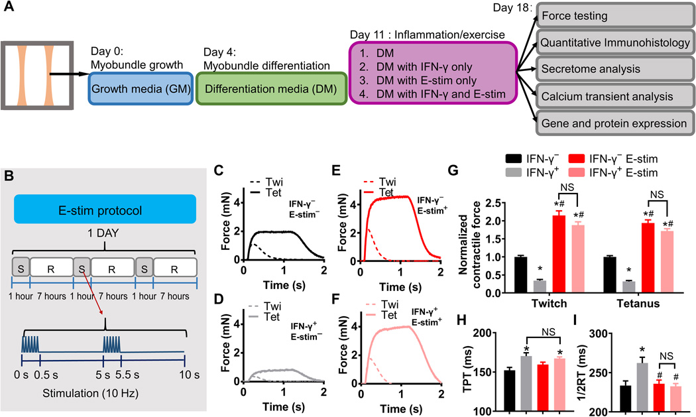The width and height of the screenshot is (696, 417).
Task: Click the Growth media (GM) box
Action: click(141, 89)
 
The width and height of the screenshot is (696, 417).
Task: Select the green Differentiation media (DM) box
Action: click(271, 89)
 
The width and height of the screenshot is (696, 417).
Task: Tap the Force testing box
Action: click(614, 16)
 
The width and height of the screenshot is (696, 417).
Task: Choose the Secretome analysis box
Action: click(614, 69)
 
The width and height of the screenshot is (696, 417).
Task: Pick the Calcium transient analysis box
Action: click(614, 96)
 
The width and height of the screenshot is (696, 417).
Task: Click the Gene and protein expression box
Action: click(614, 123)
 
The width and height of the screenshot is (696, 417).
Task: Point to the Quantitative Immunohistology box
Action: click(614, 42)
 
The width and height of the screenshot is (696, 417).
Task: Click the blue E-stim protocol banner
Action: click(105, 209)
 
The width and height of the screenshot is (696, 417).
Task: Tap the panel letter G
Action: click(453, 170)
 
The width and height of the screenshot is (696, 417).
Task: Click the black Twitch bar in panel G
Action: click(520, 274)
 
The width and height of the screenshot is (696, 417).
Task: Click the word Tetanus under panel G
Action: click(638, 304)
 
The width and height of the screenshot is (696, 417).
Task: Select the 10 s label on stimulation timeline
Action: click(189, 375)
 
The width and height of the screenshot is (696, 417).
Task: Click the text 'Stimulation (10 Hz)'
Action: click(91, 393)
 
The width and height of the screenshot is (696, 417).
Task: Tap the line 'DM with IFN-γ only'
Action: click(424, 67)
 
